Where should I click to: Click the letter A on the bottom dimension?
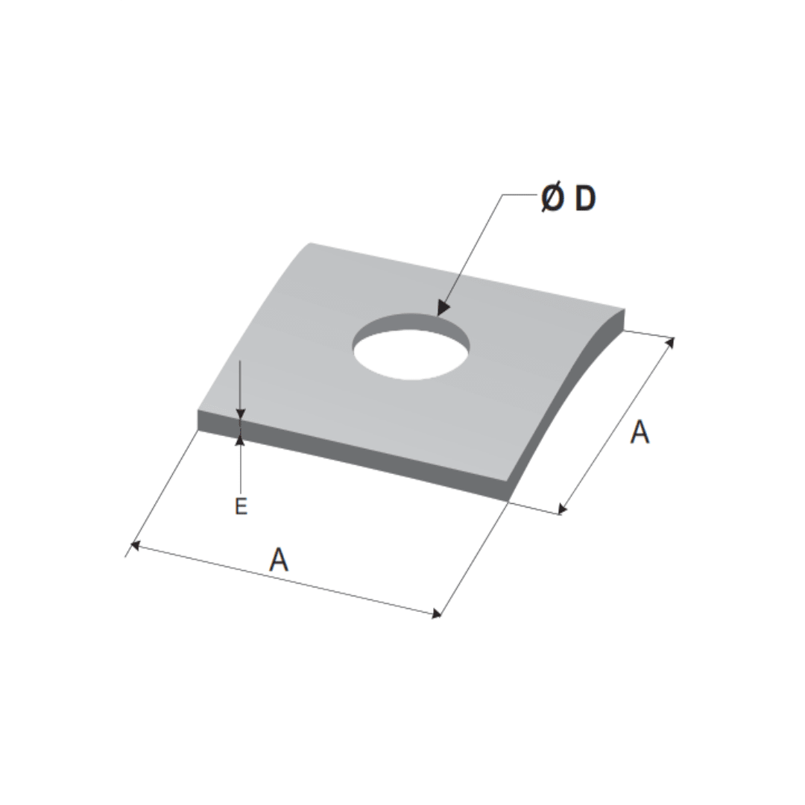(279, 559)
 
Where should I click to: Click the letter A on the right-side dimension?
(640, 432)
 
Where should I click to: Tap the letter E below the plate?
(241, 507)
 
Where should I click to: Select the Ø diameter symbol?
(552, 199)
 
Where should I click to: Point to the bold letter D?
(586, 199)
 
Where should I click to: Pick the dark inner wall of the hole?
(411, 322)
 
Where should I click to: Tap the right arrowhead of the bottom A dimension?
(435, 613)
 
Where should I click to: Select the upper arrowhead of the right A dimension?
(670, 343)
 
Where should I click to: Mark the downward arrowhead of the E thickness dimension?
(240, 414)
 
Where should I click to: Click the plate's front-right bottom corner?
(510, 500)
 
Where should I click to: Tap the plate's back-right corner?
(625, 309)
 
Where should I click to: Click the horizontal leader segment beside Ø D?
(520, 195)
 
